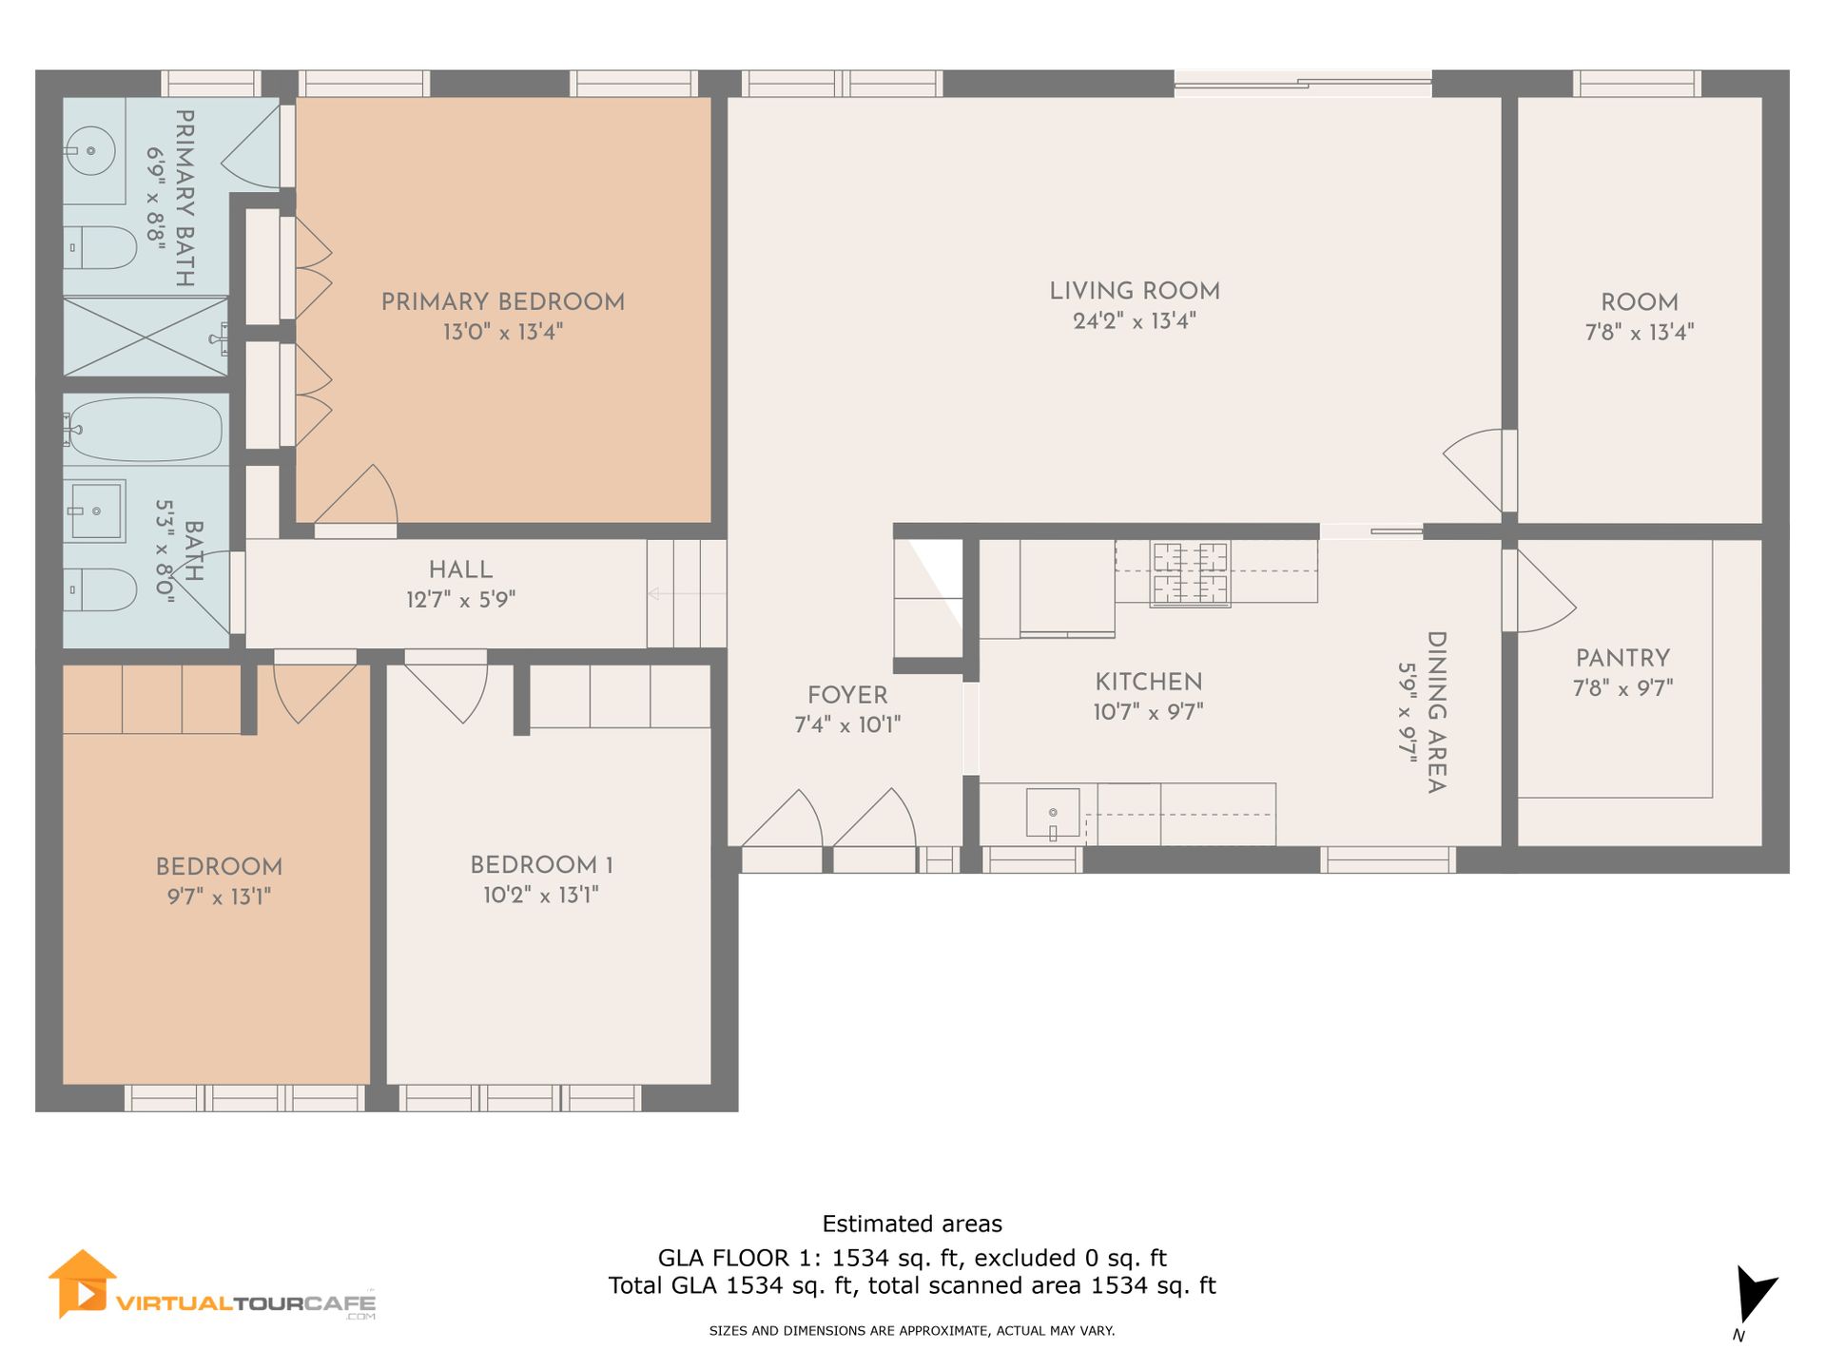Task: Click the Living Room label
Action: (1135, 291)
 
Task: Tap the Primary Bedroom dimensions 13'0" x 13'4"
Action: (503, 332)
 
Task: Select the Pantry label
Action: (1622, 658)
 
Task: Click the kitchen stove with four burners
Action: (1190, 573)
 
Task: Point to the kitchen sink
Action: (1053, 814)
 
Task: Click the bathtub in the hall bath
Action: (145, 430)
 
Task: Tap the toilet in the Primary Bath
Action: (100, 248)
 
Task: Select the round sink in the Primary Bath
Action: (91, 150)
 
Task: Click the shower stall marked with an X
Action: (146, 337)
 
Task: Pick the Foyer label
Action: (847, 695)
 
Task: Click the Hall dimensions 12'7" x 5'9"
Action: (460, 600)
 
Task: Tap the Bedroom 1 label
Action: (541, 865)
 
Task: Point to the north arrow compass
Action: (1753, 1296)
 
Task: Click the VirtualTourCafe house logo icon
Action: (83, 1283)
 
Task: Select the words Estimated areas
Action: (912, 1224)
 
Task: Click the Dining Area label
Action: (1436, 712)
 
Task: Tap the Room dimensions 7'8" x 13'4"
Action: (1640, 332)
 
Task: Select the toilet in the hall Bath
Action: (100, 589)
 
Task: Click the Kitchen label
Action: (1149, 682)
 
